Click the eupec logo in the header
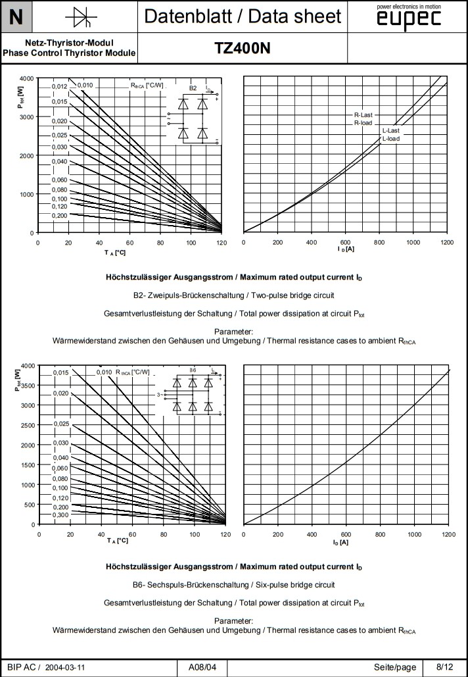pyautogui.click(x=408, y=19)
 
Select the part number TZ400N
pyautogui.click(x=243, y=48)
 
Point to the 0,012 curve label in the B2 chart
pyautogui.click(x=60, y=86)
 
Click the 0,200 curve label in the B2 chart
pyautogui.click(x=60, y=215)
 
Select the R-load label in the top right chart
pyautogui.click(x=363, y=122)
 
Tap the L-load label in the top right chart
pyautogui.click(x=390, y=139)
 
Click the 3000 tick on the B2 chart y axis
pyautogui.click(x=25, y=117)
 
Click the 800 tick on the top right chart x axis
pyautogui.click(x=379, y=242)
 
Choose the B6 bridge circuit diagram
pyautogui.click(x=193, y=393)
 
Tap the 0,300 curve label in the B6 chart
pyautogui.click(x=60, y=514)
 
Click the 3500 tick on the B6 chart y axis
pyautogui.click(x=25, y=386)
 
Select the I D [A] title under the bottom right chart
pyautogui.click(x=340, y=542)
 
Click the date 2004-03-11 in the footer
pyautogui.click(x=65, y=667)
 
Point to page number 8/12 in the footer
pyautogui.click(x=444, y=666)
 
